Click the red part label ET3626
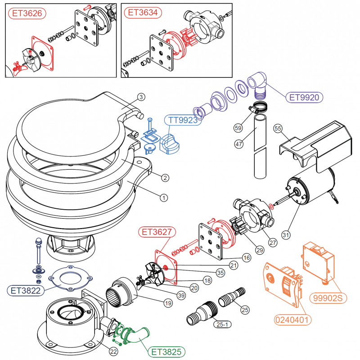pyautogui.click(x=27, y=13)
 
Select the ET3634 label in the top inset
pyautogui.click(x=143, y=13)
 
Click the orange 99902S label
pyautogui.click(x=331, y=297)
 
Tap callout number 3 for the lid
pyautogui.click(x=141, y=97)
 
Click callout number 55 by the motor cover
pyautogui.click(x=278, y=129)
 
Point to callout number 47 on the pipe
pyautogui.click(x=239, y=144)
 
